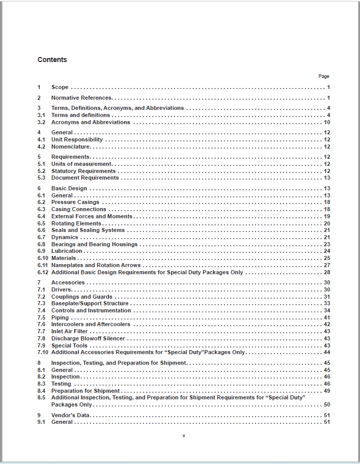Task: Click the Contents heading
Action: tap(52, 60)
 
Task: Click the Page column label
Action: tap(324, 76)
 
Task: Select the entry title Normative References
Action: tap(81, 98)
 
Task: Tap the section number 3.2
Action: tap(41, 122)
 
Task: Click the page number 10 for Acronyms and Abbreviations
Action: tap(327, 122)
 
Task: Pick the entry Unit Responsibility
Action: tap(77, 139)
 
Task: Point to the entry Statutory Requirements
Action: tap(83, 171)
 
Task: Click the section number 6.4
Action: tap(41, 216)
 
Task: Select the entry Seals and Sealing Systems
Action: tap(88, 230)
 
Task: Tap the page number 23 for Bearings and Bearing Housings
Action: tap(327, 244)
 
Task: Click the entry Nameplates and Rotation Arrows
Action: tap(96, 265)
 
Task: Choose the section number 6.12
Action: tap(43, 272)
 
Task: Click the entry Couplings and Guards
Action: tap(82, 297)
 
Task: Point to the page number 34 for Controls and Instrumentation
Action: tap(327, 310)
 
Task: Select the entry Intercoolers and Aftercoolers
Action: tap(91, 324)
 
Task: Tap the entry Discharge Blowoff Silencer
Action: tap(88, 338)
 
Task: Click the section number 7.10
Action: tap(43, 352)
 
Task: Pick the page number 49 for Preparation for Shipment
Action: tap(327, 391)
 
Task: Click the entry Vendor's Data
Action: tap(71, 415)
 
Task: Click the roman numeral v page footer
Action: tap(184, 436)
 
